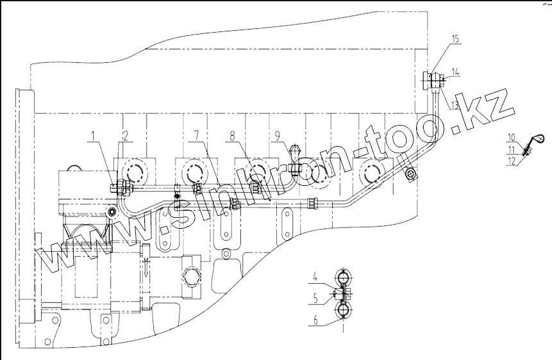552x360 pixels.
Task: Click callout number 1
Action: [94, 135]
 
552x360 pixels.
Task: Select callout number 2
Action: [125, 135]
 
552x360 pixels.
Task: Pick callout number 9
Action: [277, 136]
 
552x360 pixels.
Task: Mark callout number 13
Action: [454, 104]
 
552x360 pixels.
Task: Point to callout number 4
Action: [315, 277]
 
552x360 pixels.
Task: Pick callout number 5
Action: [315, 297]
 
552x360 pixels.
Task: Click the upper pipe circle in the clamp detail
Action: [344, 279]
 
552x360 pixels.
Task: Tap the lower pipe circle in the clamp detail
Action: [344, 311]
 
